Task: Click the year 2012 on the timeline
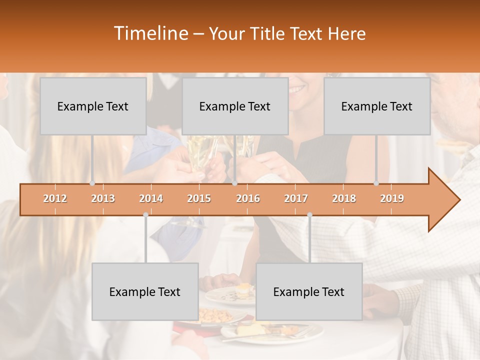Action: [55, 198]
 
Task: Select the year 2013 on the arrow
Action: [103, 198]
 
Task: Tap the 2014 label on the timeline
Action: [151, 198]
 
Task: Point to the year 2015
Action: [199, 198]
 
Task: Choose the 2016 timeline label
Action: [248, 198]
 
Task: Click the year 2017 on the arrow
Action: [296, 198]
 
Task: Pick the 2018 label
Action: [344, 198]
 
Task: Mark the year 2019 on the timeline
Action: [392, 198]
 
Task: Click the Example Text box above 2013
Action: [93, 106]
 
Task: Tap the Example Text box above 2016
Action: [235, 106]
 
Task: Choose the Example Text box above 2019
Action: [377, 106]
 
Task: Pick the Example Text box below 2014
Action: [145, 291]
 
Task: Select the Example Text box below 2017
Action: [309, 291]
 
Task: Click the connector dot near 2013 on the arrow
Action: [92, 183]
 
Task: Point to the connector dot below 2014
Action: [145, 214]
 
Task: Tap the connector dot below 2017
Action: [309, 214]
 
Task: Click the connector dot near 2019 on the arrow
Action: [376, 183]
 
